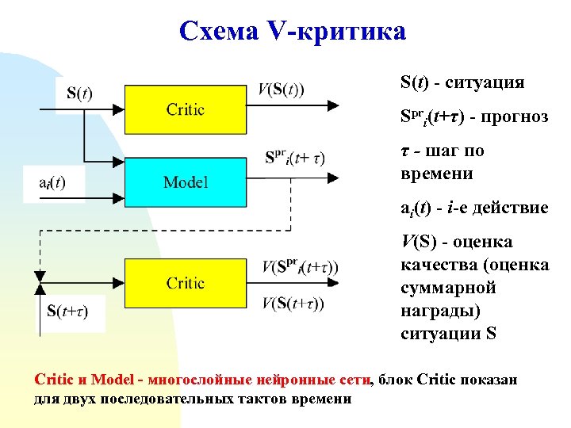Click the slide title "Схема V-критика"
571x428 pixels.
tap(292, 31)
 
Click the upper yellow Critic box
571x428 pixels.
tap(185, 109)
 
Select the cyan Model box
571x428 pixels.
tap(185, 182)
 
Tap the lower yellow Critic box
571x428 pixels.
tap(185, 283)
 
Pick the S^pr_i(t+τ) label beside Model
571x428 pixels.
tap(294, 158)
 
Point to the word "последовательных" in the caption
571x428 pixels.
tap(154, 399)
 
